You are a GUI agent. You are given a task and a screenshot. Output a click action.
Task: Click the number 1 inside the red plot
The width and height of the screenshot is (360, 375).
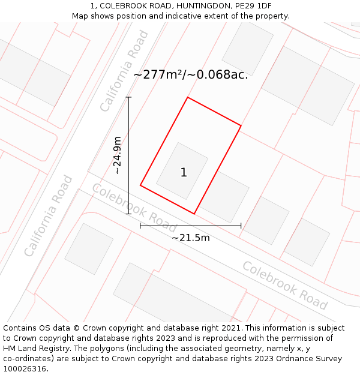coord(184,173)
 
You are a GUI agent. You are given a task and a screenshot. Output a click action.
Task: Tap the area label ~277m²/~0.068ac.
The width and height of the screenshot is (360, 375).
coord(190,75)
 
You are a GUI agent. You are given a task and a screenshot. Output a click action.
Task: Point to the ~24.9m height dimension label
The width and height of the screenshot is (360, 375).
coord(118,155)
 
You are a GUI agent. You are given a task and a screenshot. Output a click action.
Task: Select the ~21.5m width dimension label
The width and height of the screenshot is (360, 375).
coord(191,238)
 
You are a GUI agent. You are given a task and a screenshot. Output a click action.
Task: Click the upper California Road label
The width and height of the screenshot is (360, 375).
coord(124,71)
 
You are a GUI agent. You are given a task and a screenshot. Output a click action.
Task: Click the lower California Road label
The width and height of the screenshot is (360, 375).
coord(49,216)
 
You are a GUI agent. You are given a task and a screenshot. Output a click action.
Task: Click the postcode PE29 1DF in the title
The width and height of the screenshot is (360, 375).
coord(244,5)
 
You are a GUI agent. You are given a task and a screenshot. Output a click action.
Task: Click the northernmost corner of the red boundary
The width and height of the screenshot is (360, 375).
coord(188,97)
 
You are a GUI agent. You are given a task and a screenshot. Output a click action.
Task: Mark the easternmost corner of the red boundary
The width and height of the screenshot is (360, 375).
coord(241,126)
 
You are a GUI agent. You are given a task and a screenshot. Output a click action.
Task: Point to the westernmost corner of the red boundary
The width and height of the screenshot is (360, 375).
coord(140,185)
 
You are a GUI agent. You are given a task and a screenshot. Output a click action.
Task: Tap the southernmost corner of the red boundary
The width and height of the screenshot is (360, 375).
coord(194,213)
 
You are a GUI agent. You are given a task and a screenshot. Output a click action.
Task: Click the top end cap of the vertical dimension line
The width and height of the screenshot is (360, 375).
coord(128,97)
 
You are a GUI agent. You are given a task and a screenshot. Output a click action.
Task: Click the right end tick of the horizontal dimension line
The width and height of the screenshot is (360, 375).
coord(241,226)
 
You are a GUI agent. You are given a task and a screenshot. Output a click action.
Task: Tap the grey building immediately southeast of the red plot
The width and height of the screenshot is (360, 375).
coord(224,196)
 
